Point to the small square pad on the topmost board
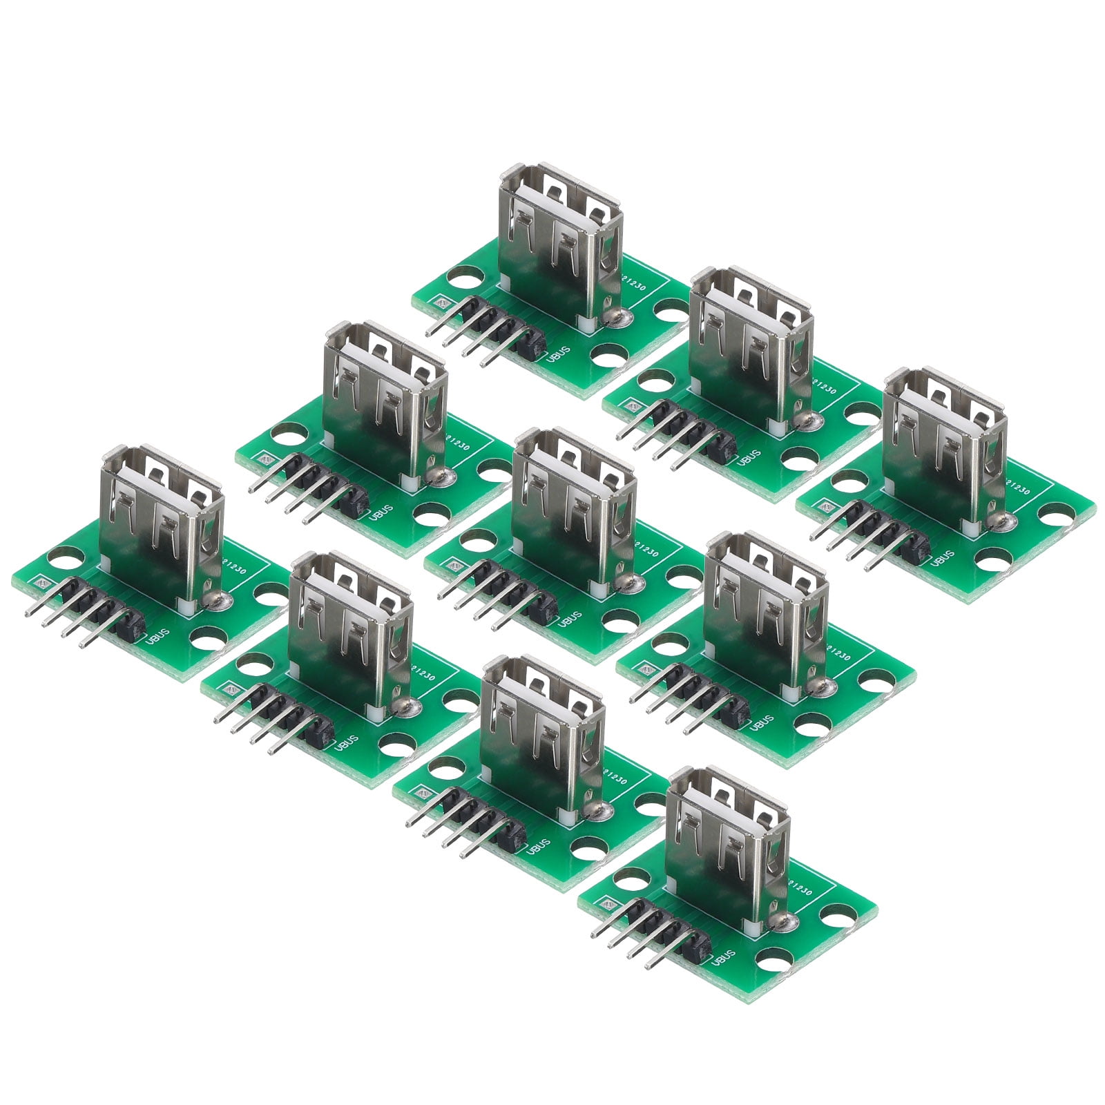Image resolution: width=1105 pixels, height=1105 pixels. coord(438,301)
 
